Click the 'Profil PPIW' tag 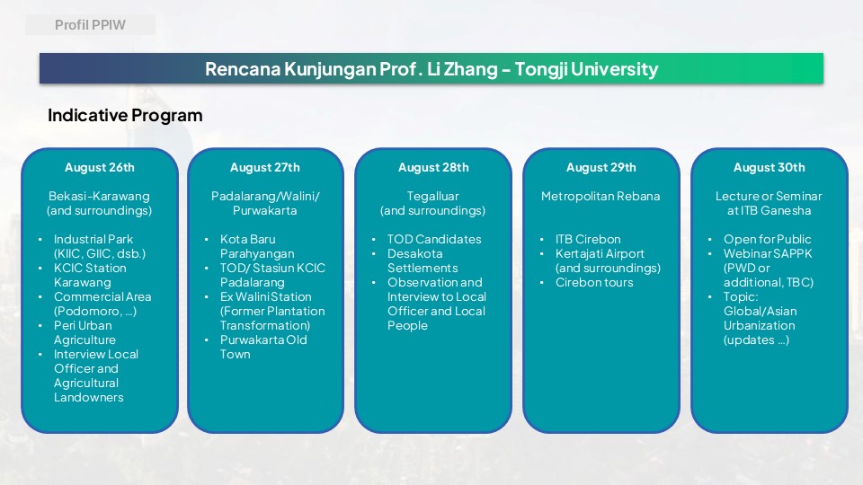pyautogui.click(x=90, y=25)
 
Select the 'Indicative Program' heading pyautogui.click(x=125, y=116)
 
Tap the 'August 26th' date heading pyautogui.click(x=100, y=168)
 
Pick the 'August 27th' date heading pyautogui.click(x=265, y=168)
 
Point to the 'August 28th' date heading pyautogui.click(x=433, y=168)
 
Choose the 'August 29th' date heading pyautogui.click(x=601, y=168)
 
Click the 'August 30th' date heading pyautogui.click(x=769, y=168)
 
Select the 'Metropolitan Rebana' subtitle pyautogui.click(x=601, y=197)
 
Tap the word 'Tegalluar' pyautogui.click(x=432, y=197)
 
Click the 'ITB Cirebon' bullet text pyautogui.click(x=588, y=239)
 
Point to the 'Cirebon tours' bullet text pyautogui.click(x=594, y=282)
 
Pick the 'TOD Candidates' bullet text pyautogui.click(x=434, y=239)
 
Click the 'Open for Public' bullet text pyautogui.click(x=767, y=239)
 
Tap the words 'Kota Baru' pyautogui.click(x=248, y=239)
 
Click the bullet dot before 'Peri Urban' pyautogui.click(x=40, y=325)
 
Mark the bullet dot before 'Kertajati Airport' pyautogui.click(x=541, y=254)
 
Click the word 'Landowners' pyautogui.click(x=89, y=397)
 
